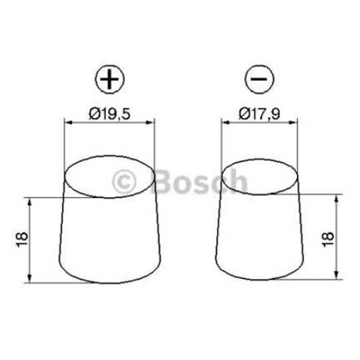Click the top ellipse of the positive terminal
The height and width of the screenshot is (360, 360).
[x=109, y=177]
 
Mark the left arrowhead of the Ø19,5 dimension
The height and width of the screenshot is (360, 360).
[x=67, y=122]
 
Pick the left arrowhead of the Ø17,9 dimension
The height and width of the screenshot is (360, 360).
[x=224, y=122]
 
